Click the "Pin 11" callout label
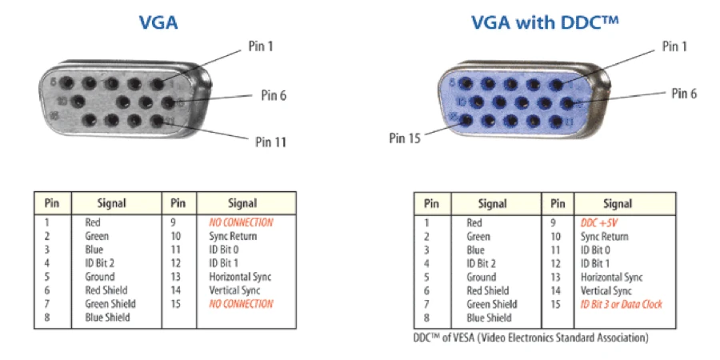270,142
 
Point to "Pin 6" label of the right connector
683,94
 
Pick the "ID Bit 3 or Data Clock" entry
622,305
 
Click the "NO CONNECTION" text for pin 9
241,222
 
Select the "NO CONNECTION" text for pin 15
241,304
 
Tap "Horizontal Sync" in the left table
240,277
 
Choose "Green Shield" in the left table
110,304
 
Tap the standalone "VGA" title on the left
158,22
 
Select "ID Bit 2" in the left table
100,263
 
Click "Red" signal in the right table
474,223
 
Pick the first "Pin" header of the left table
51,204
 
